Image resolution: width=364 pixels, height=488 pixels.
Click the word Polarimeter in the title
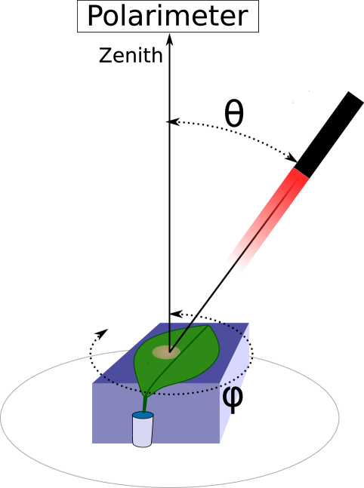tap(167, 16)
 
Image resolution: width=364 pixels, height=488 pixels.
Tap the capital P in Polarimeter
tap(95, 16)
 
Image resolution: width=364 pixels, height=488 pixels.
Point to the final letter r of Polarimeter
tap(243, 17)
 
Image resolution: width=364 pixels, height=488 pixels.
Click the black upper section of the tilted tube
tap(329, 133)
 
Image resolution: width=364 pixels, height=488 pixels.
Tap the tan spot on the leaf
tap(167, 351)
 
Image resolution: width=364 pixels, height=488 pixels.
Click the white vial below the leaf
tap(142, 431)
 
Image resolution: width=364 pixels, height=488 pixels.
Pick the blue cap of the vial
tap(142, 415)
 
